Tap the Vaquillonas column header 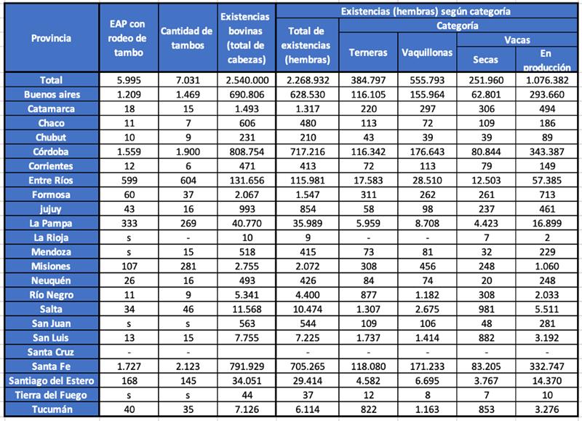(426, 53)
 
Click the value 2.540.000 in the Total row (247, 80)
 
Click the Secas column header (487, 60)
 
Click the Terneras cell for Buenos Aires (368, 94)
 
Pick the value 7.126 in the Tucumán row (247, 410)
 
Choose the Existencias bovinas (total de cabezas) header (247, 38)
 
